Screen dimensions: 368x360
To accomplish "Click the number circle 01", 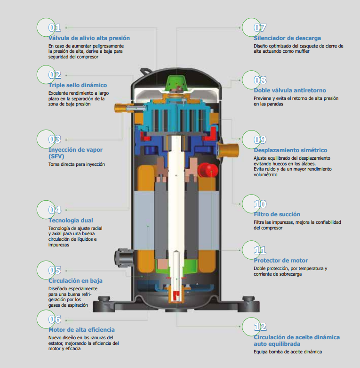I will click(49, 27).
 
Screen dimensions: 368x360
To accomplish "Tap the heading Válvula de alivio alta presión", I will click(89, 38).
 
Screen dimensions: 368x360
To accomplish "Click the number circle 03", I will click(49, 139).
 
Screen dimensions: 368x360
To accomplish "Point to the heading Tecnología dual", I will click(71, 220).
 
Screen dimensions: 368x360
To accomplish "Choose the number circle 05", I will click(49, 270).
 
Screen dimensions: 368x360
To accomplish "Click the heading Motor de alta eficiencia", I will click(81, 330).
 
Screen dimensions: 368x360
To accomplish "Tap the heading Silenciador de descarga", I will click(287, 38).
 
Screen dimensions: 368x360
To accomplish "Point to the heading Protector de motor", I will click(280, 261).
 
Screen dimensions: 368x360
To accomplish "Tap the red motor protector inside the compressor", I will click(206, 169).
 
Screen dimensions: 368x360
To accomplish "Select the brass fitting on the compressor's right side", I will click(230, 150).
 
